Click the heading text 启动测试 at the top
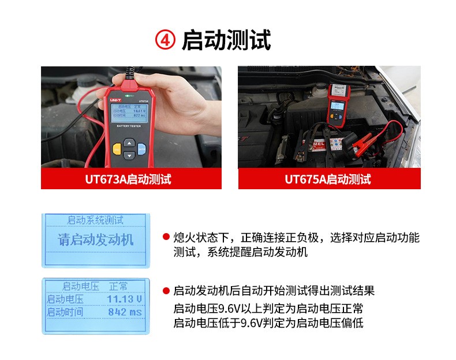tap(226, 41)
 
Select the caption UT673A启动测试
tap(132, 179)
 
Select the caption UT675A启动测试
tap(329, 179)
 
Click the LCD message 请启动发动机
tap(96, 241)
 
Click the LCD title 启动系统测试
tap(95, 220)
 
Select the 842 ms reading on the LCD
tap(125, 312)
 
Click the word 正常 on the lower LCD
tap(118, 286)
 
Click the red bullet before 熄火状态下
tap(166, 238)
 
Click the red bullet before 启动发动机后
tap(166, 290)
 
